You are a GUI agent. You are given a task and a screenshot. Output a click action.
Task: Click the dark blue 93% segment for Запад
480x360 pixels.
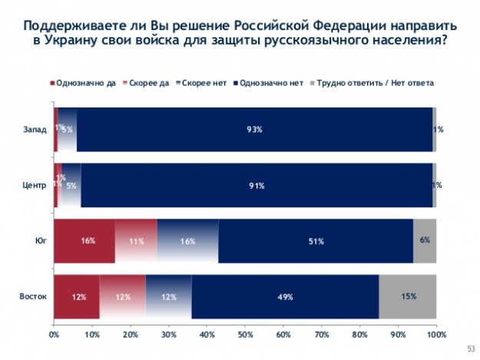pyautogui.click(x=254, y=129)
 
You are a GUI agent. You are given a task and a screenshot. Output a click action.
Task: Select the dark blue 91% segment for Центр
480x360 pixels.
pyautogui.click(x=257, y=185)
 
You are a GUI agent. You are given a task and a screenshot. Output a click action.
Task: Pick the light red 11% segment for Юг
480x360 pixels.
pyautogui.click(x=135, y=241)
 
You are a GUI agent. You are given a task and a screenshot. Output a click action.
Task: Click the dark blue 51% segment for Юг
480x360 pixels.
pyautogui.click(x=316, y=241)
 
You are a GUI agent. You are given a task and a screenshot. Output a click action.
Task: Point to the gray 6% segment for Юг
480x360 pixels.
pyautogui.click(x=425, y=241)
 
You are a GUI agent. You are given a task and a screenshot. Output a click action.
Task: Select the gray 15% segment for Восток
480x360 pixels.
pyautogui.click(x=408, y=296)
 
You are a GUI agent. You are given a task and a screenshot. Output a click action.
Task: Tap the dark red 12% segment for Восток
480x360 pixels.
pyautogui.click(x=77, y=296)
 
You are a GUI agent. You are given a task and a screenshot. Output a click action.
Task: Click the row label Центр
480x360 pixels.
pyautogui.click(x=35, y=185)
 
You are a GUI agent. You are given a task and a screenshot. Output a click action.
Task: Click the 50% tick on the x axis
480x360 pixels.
pyautogui.click(x=245, y=335)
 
